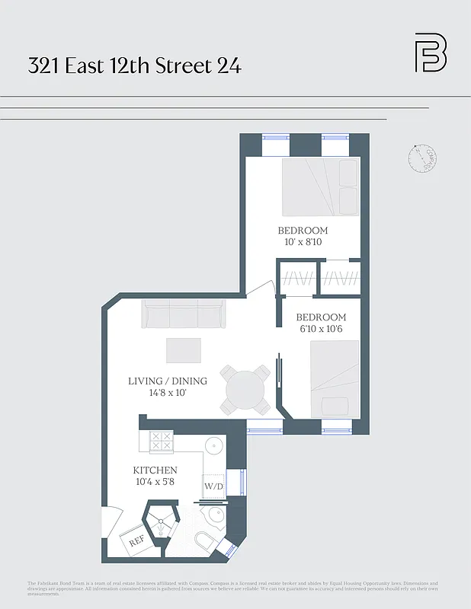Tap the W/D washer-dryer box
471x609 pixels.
[x=213, y=486]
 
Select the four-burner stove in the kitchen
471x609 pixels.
[x=162, y=442]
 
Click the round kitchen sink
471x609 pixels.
[x=214, y=445]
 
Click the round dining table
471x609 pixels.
[x=245, y=390]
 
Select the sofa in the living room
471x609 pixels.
[x=183, y=313]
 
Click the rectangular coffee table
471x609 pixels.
[x=184, y=350]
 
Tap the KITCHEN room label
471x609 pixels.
[x=155, y=470]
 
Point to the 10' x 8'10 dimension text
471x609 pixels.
[x=303, y=242]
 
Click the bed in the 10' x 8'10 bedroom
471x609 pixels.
[x=320, y=187]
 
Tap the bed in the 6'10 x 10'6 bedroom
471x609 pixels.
[x=334, y=378]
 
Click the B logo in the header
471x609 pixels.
[x=431, y=53]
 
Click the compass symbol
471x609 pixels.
[x=421, y=158]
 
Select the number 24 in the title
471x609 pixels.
[x=229, y=65]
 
